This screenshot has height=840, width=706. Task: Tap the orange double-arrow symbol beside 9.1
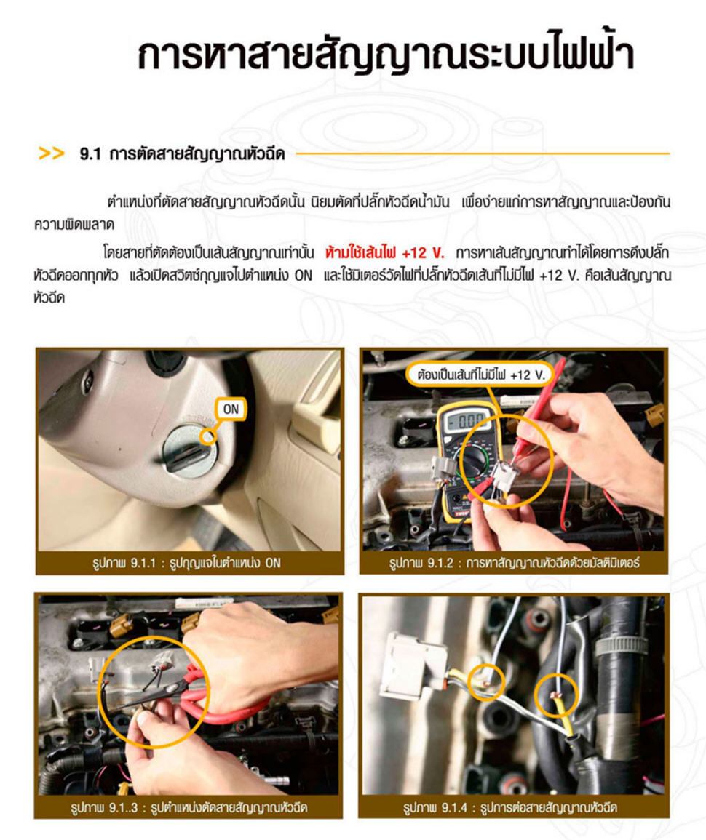point(52,153)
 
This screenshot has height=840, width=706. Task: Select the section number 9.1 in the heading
point(90,154)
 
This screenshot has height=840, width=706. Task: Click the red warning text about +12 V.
point(384,253)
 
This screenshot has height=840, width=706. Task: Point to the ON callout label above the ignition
point(231,409)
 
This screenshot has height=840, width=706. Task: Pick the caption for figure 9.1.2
point(514,563)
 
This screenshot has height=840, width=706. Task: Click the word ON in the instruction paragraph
point(303,276)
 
